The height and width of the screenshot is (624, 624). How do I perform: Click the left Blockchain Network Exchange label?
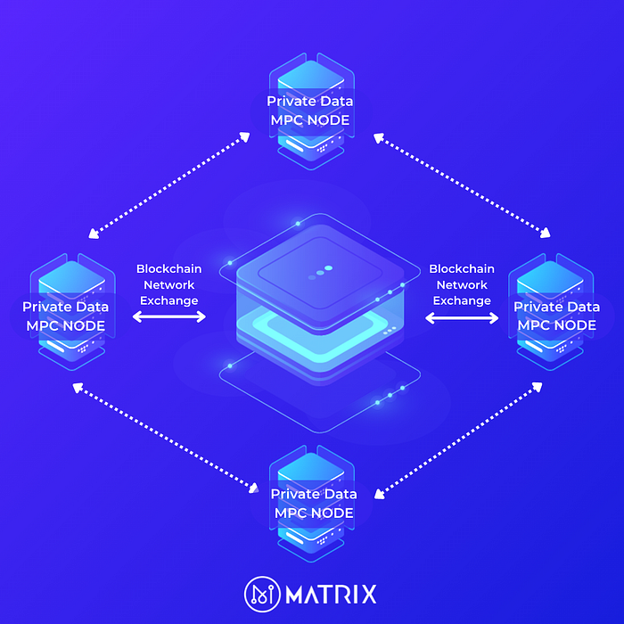tap(168, 284)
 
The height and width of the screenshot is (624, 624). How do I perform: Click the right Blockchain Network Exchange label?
tap(462, 284)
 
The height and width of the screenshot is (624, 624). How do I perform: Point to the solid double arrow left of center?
tap(168, 316)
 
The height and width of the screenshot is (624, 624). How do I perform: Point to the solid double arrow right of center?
tap(462, 316)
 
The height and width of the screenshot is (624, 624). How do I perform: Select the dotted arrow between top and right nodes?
tap(462, 185)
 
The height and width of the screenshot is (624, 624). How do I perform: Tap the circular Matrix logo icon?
tap(261, 594)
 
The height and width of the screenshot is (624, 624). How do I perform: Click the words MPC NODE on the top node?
tap(309, 120)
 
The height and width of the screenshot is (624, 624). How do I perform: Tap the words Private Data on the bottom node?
tap(314, 494)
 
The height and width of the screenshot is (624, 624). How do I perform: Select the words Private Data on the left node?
tap(66, 307)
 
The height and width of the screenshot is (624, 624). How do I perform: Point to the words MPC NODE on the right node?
tap(557, 325)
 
